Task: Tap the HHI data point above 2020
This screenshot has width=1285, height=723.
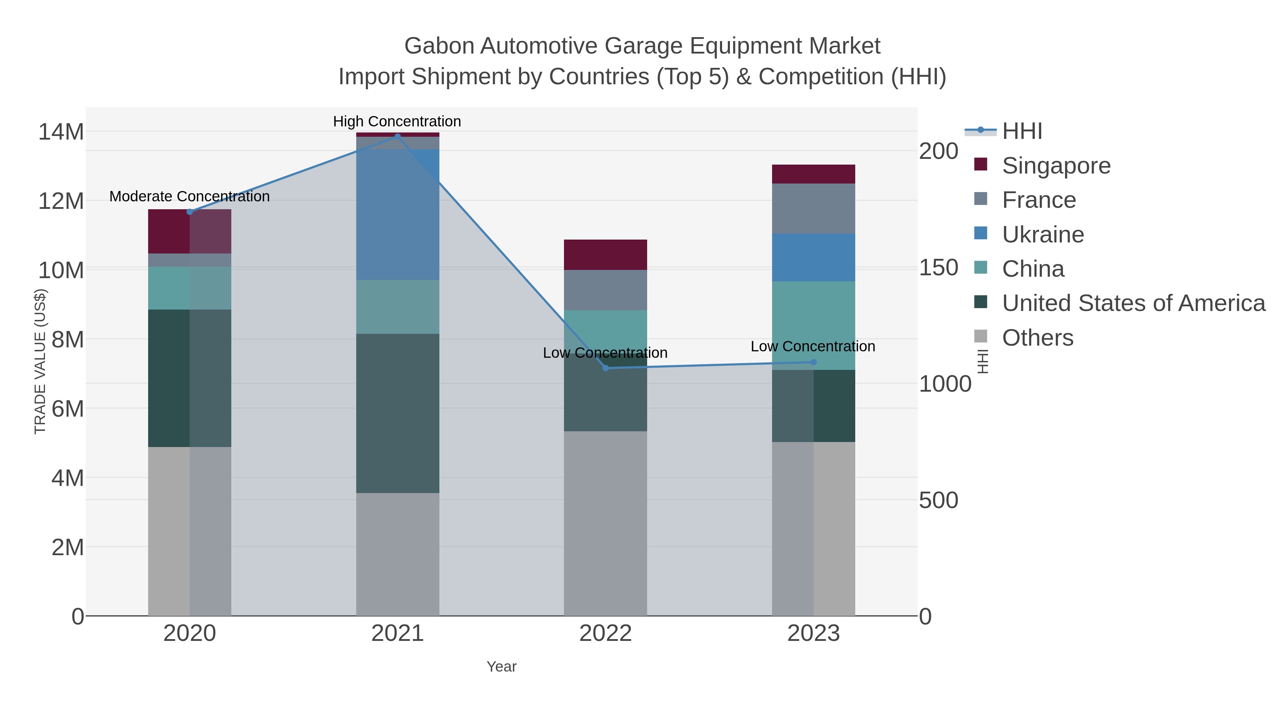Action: click(190, 212)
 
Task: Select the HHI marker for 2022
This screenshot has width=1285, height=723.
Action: click(606, 368)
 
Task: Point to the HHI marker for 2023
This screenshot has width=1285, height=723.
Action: click(813, 362)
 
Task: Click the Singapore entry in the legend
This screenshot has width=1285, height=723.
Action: click(1056, 166)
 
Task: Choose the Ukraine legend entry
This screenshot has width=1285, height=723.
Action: click(1043, 235)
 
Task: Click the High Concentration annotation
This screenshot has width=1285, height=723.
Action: click(397, 121)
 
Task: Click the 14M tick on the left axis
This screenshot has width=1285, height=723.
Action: click(61, 132)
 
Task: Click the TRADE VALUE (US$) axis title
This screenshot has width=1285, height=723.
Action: click(40, 361)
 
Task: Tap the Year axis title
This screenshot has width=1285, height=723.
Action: click(502, 667)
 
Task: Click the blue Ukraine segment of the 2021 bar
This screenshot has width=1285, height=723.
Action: click(398, 215)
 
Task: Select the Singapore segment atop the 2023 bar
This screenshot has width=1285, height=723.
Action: click(813, 174)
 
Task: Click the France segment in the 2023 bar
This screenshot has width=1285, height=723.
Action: click(813, 209)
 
